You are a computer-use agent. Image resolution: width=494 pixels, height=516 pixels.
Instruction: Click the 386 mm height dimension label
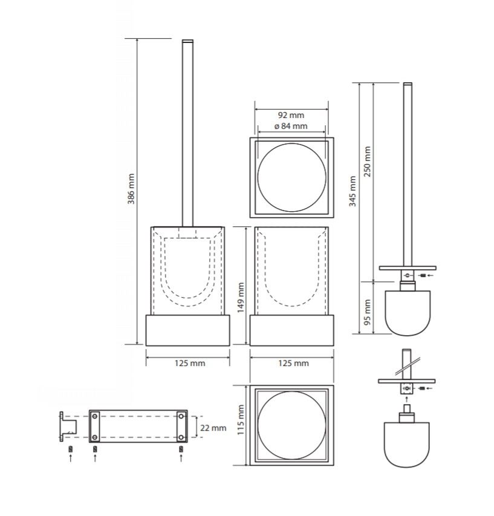(x=131, y=189)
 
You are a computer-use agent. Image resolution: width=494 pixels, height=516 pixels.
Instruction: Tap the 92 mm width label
(x=291, y=115)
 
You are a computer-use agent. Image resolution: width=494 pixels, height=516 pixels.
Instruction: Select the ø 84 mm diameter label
(x=291, y=126)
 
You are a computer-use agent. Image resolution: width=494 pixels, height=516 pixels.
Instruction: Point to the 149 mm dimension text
(x=241, y=298)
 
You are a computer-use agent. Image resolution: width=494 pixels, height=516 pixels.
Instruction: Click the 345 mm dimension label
(x=353, y=191)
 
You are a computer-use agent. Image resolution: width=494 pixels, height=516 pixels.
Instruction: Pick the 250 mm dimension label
(x=368, y=162)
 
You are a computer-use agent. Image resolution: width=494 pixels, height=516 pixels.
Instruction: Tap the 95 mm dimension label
(x=368, y=312)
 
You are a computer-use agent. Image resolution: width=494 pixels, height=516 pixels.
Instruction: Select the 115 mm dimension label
(x=241, y=420)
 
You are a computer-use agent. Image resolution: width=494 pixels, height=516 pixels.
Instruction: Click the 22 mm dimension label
(x=213, y=428)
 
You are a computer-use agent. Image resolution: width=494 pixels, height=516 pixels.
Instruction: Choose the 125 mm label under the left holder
(x=190, y=364)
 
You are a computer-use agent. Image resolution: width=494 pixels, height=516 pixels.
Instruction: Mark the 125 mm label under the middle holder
(x=293, y=364)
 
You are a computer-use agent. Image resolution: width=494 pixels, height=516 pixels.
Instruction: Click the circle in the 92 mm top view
(x=291, y=143)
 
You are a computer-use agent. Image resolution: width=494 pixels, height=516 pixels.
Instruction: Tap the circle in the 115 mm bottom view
(x=291, y=391)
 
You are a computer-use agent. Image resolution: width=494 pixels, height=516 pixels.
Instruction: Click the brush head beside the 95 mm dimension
(x=408, y=313)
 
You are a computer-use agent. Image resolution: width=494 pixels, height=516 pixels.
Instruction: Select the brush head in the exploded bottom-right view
(x=407, y=445)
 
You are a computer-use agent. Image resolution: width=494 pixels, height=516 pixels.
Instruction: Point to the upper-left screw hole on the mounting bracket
(x=95, y=417)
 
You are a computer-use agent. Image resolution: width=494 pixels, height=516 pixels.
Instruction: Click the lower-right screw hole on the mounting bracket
(x=181, y=437)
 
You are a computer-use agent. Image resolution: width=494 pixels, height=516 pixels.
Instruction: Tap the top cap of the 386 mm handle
(x=188, y=41)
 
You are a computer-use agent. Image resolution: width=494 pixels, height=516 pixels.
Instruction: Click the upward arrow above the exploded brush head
(x=407, y=399)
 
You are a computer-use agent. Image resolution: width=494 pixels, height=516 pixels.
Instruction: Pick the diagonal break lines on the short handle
(x=408, y=366)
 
